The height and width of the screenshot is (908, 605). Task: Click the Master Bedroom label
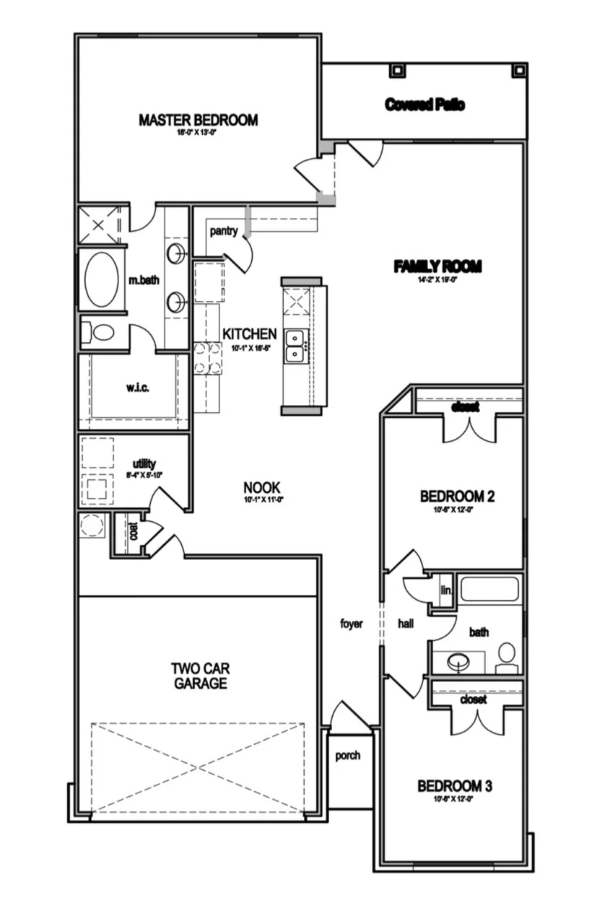(198, 120)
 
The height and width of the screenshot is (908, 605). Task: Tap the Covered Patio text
(425, 105)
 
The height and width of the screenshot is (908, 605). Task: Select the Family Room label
(437, 267)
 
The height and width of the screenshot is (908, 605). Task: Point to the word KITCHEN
(249, 334)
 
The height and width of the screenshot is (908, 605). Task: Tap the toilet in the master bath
(101, 333)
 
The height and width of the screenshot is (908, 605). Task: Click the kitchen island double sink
(295, 346)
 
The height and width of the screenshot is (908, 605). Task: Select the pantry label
(224, 231)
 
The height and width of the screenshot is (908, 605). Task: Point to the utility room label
(144, 463)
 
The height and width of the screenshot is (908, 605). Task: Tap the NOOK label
(261, 488)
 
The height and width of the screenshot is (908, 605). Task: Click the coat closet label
(133, 532)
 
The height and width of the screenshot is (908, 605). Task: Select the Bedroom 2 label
(457, 497)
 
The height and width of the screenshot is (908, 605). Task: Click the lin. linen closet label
(446, 590)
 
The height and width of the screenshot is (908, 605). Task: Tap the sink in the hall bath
(458, 660)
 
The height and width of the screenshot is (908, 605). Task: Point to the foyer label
(352, 624)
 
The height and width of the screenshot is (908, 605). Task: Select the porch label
(347, 756)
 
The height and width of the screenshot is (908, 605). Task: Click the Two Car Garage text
(200, 676)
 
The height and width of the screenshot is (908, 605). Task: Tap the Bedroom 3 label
(455, 786)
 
